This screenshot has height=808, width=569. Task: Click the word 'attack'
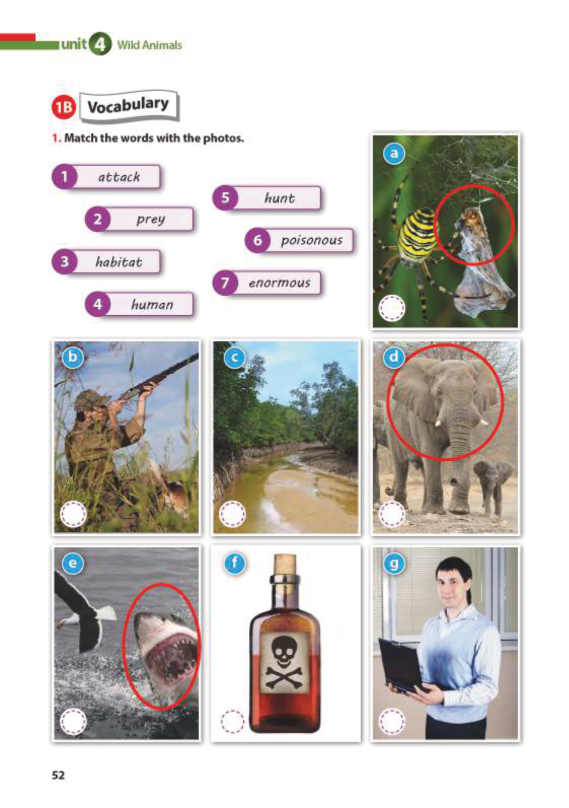point(119,177)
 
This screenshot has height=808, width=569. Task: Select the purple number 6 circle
point(257,240)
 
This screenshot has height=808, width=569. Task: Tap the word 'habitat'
point(119,262)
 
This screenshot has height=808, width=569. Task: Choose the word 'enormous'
point(279,283)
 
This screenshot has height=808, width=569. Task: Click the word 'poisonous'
point(312,241)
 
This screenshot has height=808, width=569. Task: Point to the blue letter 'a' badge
point(395,154)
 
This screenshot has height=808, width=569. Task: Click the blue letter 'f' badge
point(235,563)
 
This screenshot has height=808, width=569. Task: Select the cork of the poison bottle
point(285,566)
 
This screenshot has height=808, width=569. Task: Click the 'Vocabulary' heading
point(128,106)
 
